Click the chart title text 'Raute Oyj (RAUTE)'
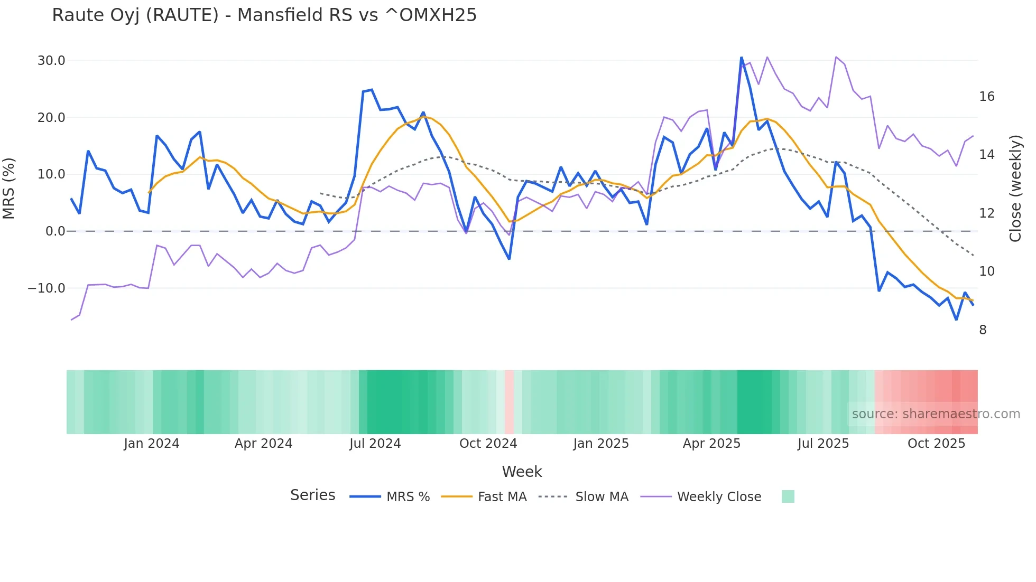click(x=135, y=15)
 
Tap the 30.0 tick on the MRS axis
click(x=51, y=61)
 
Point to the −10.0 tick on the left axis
click(x=47, y=288)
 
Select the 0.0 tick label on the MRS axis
click(x=55, y=231)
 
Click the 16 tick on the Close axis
click(x=986, y=97)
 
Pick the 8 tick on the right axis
click(x=983, y=330)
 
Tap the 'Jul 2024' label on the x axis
click(x=375, y=444)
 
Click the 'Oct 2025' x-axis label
click(x=936, y=444)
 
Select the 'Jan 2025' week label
click(x=601, y=444)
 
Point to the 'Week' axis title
click(x=522, y=472)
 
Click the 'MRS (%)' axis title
click(x=9, y=188)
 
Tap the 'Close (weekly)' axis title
click(x=1015, y=189)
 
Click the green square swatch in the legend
click(x=788, y=496)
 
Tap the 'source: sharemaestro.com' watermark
click(x=936, y=414)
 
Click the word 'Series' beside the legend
click(x=312, y=495)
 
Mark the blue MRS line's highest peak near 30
click(x=741, y=58)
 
